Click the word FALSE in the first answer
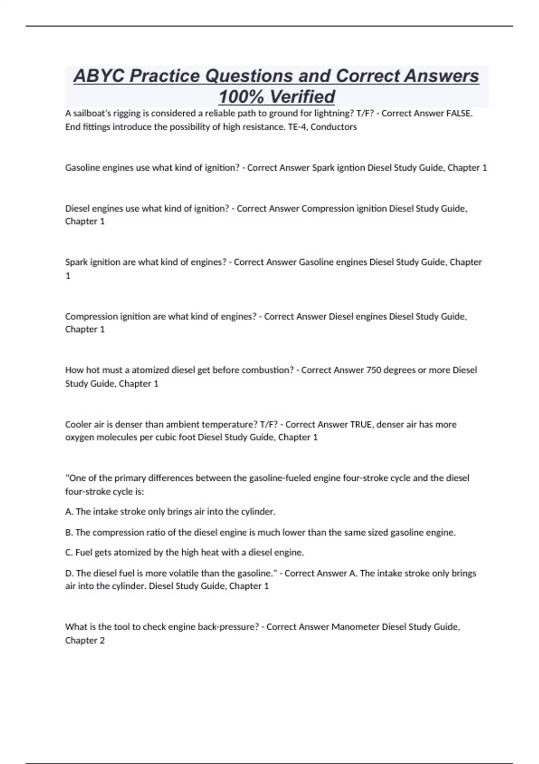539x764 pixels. [459, 113]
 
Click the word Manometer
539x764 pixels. [355, 626]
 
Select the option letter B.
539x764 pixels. [68, 533]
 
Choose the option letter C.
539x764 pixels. [68, 552]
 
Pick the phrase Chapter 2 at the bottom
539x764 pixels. [85, 640]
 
